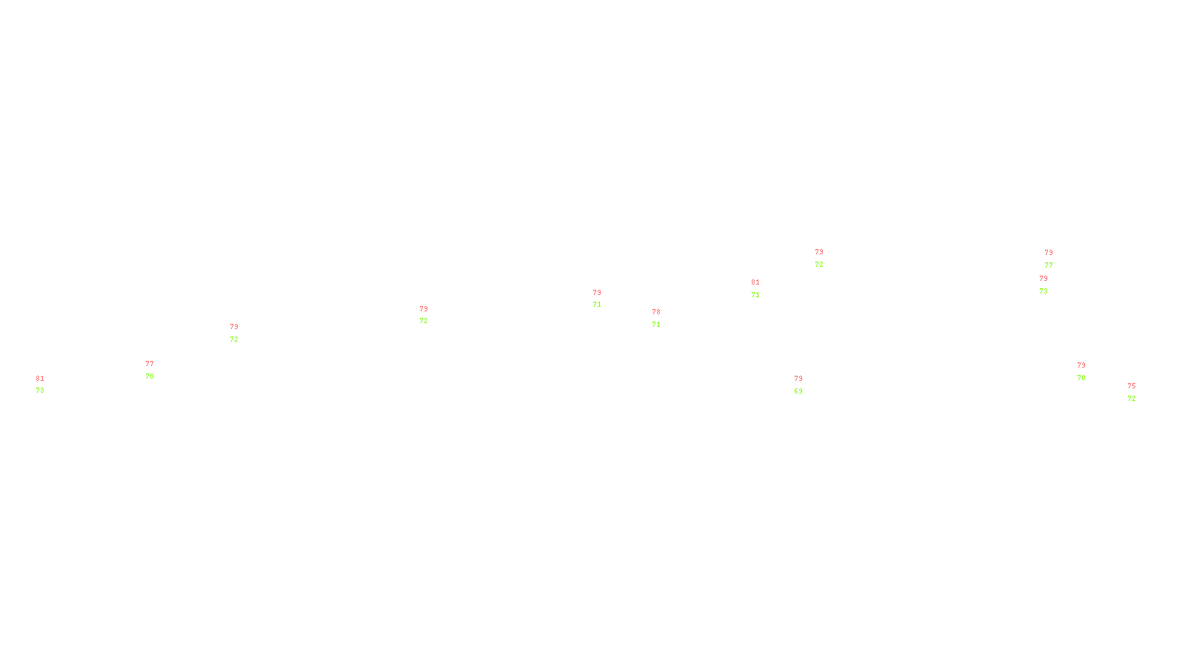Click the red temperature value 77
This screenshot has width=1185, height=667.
pos(150,364)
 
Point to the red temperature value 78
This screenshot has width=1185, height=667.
pos(656,312)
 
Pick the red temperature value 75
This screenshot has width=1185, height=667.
pos(1132,386)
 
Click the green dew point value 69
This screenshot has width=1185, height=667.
pos(798,391)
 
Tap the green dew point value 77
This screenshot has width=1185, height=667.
pos(1049,265)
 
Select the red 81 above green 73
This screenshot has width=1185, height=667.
pos(40,379)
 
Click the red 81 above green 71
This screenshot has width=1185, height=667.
pos(755,282)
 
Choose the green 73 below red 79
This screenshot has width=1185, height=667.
pos(1044,291)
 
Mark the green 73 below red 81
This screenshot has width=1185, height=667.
pos(40,391)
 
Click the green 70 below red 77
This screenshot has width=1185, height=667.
pos(150,376)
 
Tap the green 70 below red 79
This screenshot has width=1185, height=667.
pos(1081,378)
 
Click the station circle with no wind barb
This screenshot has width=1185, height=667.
pos(156,370)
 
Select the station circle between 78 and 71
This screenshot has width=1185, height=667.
pos(663,319)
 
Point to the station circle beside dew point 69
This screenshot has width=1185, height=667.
pos(805,385)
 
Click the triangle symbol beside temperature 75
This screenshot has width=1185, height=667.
pos(1132,394)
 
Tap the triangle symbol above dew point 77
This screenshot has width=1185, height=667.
pos(1049,260)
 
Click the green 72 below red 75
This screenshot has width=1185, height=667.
pos(1132,399)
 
